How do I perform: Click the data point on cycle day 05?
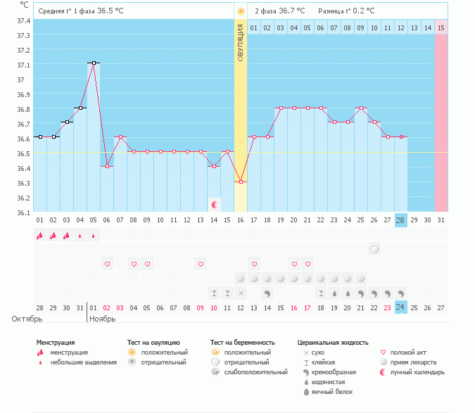(93, 63)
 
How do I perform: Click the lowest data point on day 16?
(241, 182)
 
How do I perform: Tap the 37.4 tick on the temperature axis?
(23, 20)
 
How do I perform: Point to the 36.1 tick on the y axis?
(23, 212)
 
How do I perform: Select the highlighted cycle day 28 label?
(400, 220)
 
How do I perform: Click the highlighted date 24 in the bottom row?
(400, 307)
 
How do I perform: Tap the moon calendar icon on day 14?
(215, 205)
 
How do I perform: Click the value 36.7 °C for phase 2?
(291, 11)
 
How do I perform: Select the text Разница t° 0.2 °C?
(346, 11)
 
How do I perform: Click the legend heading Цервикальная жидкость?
(333, 343)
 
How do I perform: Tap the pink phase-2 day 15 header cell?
(441, 27)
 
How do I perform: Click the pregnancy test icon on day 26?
(374, 249)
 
